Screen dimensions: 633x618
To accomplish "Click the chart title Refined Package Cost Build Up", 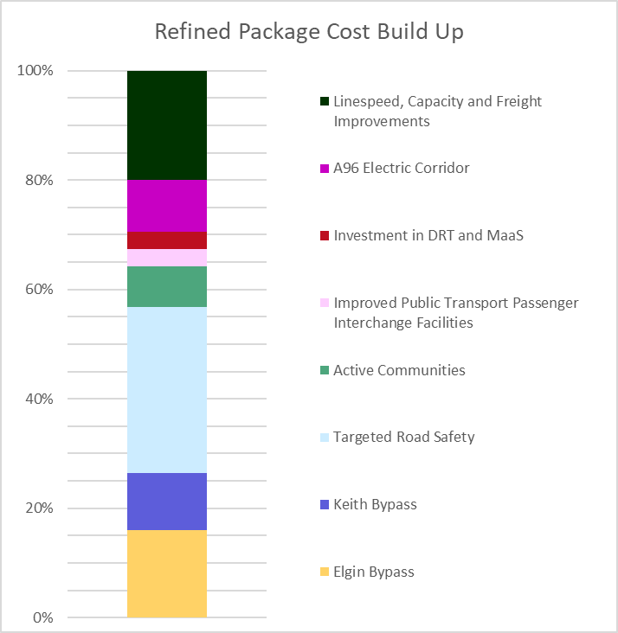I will point(309,32).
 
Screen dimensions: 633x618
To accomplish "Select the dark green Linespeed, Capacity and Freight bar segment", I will point(167,125).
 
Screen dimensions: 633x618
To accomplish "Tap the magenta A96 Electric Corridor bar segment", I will point(167,206).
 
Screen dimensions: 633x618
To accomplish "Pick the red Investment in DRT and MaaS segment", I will point(167,240).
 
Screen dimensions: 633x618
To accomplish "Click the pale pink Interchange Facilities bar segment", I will point(167,258).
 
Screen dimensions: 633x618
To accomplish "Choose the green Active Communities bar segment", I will point(167,287).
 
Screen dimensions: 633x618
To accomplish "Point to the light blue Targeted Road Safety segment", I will point(167,390).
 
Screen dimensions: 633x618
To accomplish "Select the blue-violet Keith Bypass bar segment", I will point(167,502).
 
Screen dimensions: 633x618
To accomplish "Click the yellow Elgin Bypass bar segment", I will point(167,573).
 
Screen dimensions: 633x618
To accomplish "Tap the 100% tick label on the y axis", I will point(35,71).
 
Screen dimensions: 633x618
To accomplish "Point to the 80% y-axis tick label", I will point(39,181).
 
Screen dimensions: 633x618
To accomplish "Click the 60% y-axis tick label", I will point(39,290).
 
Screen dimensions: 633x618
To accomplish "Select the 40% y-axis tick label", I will point(39,400).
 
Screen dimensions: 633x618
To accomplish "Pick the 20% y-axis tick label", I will point(39,508).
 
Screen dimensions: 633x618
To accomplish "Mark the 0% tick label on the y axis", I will point(42,617).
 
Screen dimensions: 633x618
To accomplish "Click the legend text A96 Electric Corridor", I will point(402,168).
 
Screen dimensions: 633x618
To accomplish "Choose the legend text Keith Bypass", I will point(375,504).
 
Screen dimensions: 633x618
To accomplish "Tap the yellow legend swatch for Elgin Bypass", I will point(325,572).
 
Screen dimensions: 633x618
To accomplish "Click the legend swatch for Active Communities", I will point(325,371).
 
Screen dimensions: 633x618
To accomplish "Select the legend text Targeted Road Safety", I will point(404,437).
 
